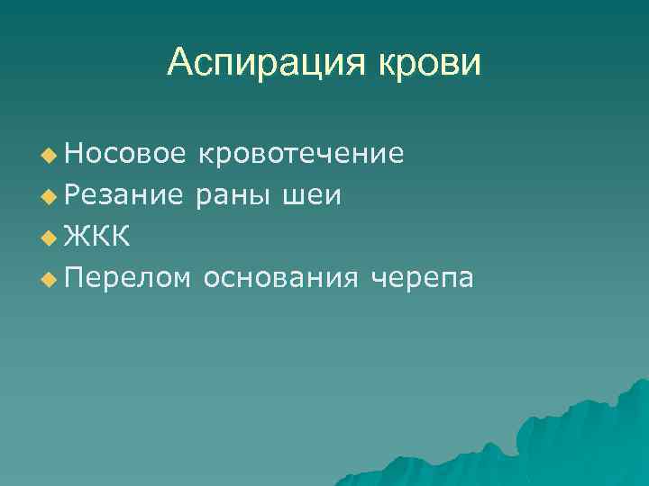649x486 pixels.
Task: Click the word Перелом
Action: click(x=127, y=278)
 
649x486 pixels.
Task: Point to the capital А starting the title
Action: click(x=179, y=63)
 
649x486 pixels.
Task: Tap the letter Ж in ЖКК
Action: click(x=77, y=237)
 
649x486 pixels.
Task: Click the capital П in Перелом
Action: click(x=74, y=277)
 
